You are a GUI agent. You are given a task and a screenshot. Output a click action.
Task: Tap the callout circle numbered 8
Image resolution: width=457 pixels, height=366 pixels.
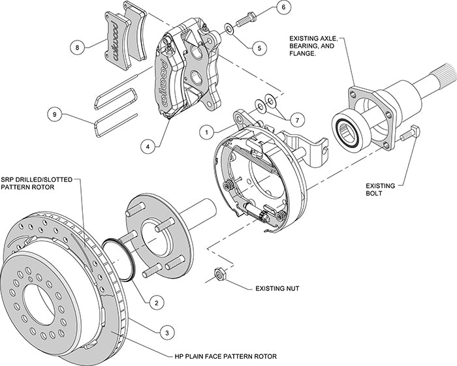pos(77,47)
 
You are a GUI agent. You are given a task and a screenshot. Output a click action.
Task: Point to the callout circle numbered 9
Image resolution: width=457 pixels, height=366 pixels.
pos(57,114)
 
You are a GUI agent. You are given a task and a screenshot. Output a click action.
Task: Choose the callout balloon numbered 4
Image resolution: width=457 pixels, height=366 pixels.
pos(150,146)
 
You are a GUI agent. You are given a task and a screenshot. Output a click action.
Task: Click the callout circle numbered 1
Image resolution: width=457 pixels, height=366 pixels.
pos(206,130)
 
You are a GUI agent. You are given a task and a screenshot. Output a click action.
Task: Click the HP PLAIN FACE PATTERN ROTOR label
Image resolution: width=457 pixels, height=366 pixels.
pos(225,357)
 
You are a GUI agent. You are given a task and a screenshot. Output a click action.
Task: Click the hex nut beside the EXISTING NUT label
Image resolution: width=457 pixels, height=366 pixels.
pos(219,273)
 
